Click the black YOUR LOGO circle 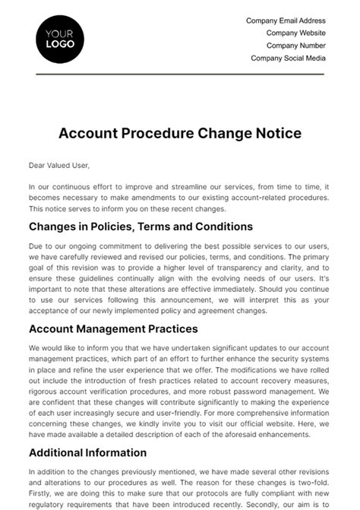click(x=60, y=39)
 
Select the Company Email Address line click(x=286, y=21)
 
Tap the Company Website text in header click(x=295, y=33)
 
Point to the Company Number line click(x=295, y=46)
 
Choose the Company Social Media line click(x=288, y=58)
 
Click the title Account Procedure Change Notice click(x=180, y=133)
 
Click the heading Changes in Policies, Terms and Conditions click(x=141, y=226)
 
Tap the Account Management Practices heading click(x=113, y=329)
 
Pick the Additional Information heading click(x=87, y=452)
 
